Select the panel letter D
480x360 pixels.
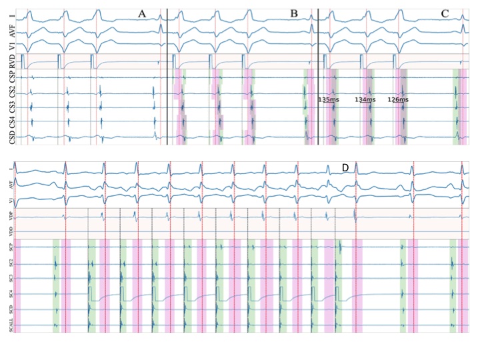pyautogui.click(x=345, y=168)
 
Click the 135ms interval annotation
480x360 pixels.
pyautogui.click(x=327, y=99)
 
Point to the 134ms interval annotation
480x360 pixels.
pyautogui.click(x=365, y=99)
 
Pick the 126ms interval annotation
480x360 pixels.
pyautogui.click(x=397, y=99)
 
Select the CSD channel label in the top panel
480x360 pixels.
pyautogui.click(x=11, y=137)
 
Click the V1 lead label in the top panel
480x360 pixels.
pyautogui.click(x=11, y=45)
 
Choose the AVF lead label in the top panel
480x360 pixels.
pyautogui.click(x=11, y=29)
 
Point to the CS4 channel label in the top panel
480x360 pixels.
pyautogui.click(x=11, y=121)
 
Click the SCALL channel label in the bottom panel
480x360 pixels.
pyautogui.click(x=11, y=325)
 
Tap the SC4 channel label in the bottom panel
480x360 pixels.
pyautogui.click(x=11, y=294)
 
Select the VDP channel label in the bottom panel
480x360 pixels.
pyautogui.click(x=11, y=215)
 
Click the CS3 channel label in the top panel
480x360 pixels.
pyautogui.click(x=11, y=107)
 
